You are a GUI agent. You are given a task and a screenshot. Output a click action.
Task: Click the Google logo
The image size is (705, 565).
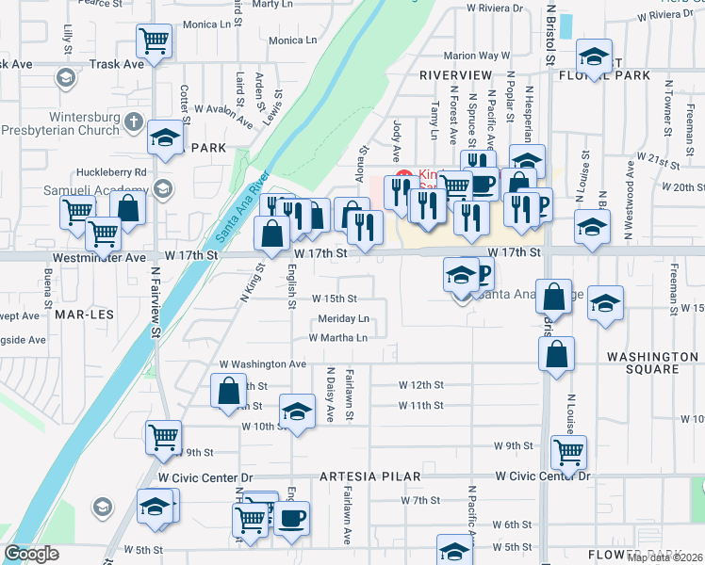(32, 554)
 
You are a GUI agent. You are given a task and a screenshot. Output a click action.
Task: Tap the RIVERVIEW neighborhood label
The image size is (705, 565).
(456, 74)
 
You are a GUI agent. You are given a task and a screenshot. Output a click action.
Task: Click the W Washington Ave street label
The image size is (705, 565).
(263, 363)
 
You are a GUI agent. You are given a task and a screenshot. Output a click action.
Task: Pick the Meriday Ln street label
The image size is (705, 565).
(343, 318)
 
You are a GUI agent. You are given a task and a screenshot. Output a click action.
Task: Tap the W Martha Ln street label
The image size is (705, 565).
(336, 337)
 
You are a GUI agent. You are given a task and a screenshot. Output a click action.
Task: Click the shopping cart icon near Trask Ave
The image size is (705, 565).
(153, 40)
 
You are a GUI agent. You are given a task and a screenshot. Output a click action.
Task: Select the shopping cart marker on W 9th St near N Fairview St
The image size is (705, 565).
(163, 436)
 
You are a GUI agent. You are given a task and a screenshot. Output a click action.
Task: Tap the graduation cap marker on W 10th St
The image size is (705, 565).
(297, 412)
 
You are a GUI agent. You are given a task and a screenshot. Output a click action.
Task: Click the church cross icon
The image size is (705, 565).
(133, 121)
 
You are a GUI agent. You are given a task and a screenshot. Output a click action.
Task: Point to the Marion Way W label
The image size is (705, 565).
(482, 56)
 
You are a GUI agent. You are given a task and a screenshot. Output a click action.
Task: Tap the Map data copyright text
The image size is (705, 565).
(664, 557)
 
